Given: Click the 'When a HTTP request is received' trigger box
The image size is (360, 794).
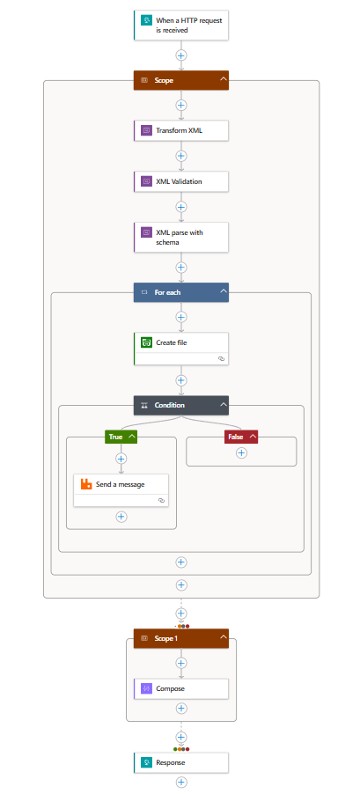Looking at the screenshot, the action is [x=181, y=25].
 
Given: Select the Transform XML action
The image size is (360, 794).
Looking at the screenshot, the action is [x=181, y=130].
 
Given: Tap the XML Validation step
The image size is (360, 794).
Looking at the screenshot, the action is [x=181, y=181].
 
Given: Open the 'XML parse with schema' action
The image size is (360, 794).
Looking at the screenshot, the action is [x=181, y=237].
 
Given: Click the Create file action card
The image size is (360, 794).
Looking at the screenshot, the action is [x=181, y=349].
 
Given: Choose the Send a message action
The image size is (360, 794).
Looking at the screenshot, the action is [x=121, y=490].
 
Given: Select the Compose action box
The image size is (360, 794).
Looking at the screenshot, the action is [x=181, y=688].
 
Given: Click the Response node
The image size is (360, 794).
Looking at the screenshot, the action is [x=181, y=762].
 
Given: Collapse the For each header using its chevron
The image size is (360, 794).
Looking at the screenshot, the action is [x=224, y=291].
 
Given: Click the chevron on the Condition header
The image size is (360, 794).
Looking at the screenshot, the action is [x=224, y=405].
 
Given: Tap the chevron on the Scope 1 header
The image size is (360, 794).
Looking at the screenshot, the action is [x=224, y=638].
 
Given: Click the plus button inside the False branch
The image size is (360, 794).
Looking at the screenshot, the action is [x=241, y=453].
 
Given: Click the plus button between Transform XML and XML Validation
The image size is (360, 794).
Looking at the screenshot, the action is [x=181, y=156].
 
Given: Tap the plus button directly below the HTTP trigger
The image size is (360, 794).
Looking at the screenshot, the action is [x=181, y=55].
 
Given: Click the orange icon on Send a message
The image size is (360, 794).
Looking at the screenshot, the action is [x=86, y=484].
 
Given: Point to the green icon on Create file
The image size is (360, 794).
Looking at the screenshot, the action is [x=146, y=342].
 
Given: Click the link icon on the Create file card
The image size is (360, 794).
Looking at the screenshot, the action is [x=221, y=358].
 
